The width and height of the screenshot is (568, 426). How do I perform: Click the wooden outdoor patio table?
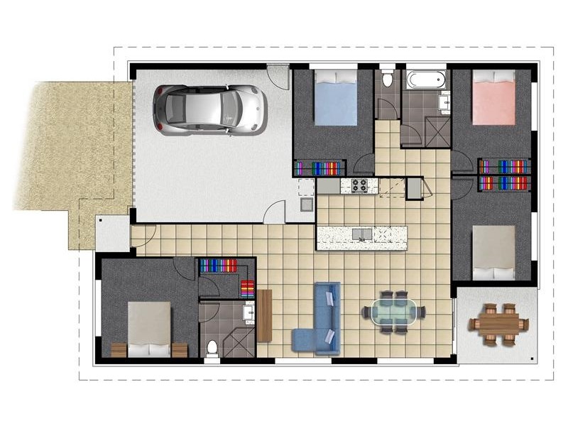coord(498,324)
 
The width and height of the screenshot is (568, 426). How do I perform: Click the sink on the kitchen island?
coord(362,234)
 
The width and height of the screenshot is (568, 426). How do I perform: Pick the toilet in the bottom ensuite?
coord(213,348)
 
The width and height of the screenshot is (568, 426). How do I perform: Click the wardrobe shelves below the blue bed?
coord(319,169)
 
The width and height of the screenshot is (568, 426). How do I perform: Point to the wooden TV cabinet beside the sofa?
coord(265,316)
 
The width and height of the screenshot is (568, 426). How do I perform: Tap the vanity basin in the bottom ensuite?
coord(249,312)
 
